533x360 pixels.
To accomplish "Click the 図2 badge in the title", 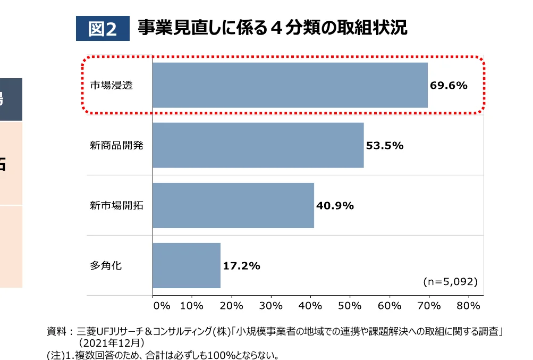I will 103,29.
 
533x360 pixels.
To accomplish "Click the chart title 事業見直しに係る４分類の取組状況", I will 272,28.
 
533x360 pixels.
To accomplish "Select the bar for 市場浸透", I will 290,85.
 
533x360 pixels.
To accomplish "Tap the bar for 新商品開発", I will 258,145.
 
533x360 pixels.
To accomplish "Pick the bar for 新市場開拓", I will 233,205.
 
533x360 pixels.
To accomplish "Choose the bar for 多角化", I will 186,265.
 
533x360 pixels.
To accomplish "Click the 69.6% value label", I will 449,85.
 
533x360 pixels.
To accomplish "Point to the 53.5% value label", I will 385,145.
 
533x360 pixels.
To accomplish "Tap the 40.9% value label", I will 335,205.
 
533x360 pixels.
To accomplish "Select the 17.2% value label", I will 241,266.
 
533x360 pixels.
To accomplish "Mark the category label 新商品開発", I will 116,145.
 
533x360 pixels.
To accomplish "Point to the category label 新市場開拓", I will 116,205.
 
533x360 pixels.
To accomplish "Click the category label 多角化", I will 106,265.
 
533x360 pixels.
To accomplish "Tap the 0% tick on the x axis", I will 161,306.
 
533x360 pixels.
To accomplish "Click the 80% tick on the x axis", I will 468,306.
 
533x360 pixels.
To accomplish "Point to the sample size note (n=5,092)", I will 450,281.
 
